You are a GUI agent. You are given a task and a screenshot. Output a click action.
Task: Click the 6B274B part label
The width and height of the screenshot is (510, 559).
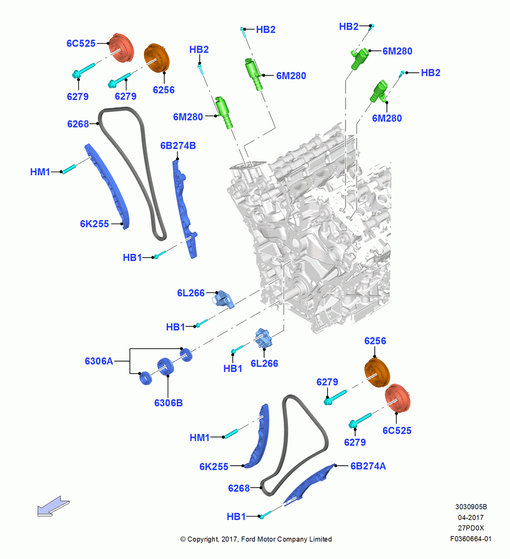coord(178,145)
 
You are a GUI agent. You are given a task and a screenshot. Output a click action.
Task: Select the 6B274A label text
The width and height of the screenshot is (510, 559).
coord(368,466)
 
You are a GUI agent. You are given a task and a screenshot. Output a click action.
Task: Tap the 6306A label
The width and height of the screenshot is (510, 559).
coord(99,361)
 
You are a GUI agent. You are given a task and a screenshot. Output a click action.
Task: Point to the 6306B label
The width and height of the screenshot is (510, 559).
coord(168,403)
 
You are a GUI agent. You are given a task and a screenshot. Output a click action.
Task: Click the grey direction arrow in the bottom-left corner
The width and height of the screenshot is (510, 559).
coord(54,506)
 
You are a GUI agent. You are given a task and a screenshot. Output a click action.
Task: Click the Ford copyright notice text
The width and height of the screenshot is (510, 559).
coord(256,539)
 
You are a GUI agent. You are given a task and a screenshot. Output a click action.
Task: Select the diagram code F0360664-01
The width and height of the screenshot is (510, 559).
coord(471,539)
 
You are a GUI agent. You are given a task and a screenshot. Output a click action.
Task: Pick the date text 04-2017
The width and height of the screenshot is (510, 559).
coord(471,517)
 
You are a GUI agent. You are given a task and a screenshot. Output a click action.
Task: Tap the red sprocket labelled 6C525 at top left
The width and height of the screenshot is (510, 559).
coord(121,48)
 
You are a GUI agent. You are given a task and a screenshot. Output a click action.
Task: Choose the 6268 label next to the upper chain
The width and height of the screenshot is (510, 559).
coord(78,124)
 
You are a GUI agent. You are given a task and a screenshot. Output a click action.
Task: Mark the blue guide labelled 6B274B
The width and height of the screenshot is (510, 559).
coord(185,209)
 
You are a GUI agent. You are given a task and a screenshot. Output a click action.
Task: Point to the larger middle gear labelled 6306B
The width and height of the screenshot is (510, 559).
coord(166,367)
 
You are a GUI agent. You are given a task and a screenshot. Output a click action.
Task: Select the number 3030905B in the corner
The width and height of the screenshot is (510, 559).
coord(471,506)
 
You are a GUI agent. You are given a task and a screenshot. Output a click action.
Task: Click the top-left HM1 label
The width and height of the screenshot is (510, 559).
coord(40,172)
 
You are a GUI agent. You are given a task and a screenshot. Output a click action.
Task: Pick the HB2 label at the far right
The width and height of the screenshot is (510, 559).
coord(431,73)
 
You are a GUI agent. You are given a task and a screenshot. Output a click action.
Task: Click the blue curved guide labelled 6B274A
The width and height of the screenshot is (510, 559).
coord(309,484)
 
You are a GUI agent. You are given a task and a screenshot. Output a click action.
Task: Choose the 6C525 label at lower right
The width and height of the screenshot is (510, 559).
coord(397,430)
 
